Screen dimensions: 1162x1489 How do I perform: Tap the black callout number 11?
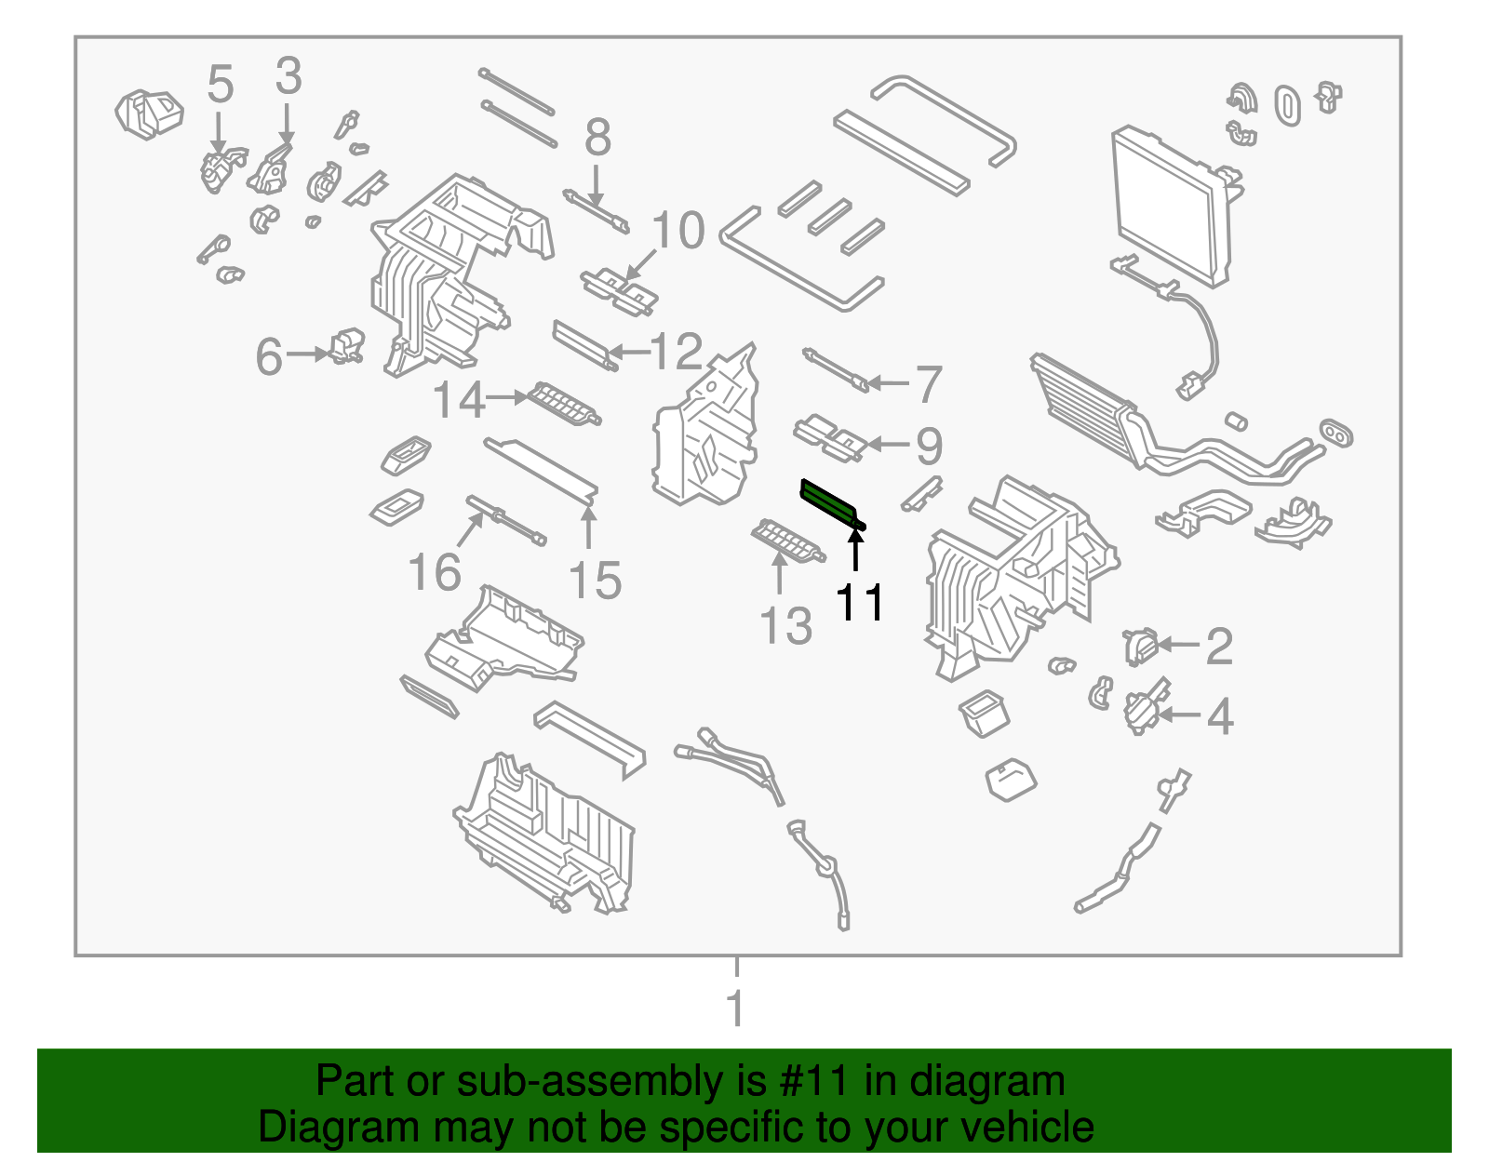point(860,602)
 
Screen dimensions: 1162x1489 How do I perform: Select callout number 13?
point(786,626)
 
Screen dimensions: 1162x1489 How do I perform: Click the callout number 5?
point(221,85)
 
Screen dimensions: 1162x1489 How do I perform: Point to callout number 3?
point(288,76)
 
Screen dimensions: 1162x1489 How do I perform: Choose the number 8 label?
point(597,138)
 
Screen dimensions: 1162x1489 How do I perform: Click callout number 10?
point(678,230)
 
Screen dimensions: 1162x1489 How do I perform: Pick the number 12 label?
point(677,352)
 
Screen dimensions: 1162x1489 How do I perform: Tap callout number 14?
point(460,400)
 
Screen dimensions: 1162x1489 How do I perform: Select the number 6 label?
point(269,356)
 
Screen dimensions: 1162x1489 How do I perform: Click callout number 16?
point(435,572)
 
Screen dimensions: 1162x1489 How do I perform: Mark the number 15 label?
point(595,581)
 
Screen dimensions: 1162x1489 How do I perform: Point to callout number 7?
point(929,384)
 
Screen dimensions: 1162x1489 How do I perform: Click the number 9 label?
point(929,447)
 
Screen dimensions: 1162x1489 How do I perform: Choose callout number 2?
point(1219,646)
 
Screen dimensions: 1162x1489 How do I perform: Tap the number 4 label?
point(1220,716)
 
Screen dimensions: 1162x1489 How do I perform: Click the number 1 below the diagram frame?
point(735,1008)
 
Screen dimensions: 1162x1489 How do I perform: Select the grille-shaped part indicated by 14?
point(564,406)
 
